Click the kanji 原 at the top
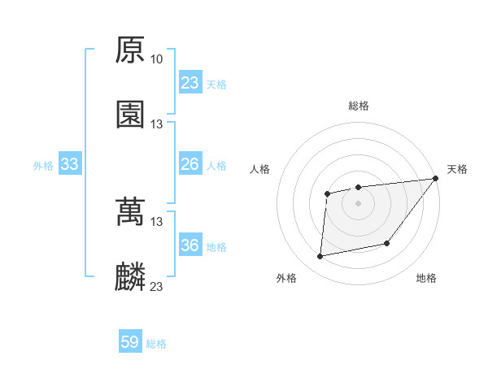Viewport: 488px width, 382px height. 130,50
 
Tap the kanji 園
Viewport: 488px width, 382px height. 130,115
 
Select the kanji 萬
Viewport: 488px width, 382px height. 130,212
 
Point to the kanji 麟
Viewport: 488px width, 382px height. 130,277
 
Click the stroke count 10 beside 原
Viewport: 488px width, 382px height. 156,59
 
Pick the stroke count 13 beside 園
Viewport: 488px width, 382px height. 156,124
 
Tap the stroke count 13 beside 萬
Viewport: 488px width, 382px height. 156,222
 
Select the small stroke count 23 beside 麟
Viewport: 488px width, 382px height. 156,287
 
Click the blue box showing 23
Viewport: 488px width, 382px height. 190,83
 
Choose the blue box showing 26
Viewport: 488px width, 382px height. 190,165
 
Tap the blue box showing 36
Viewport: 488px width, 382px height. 190,245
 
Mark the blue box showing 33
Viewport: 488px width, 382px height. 70,165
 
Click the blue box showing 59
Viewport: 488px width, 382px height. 130,342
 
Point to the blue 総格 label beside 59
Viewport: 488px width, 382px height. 156,344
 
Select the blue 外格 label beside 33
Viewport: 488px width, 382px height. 43,166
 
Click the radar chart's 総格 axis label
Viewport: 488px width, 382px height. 359,106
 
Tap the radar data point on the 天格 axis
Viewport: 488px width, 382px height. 436,178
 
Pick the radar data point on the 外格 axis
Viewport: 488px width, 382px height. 320,257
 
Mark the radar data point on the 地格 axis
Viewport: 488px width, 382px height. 388,243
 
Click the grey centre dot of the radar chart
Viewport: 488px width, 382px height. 358,202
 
